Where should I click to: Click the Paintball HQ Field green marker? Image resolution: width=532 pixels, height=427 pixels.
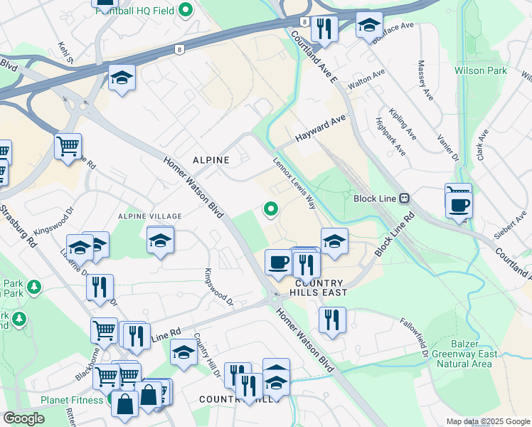coord(186,10)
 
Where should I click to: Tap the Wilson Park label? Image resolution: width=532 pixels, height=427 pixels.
coord(481,71)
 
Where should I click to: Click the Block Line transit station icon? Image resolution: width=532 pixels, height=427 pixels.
coord(403,199)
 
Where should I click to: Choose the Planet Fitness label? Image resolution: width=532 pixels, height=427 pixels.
coord(73,400)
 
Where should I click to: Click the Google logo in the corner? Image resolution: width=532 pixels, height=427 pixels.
coord(23,418)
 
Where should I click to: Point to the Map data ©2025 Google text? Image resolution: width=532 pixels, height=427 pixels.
coord(487,421)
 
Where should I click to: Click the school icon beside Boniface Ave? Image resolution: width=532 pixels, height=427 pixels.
coord(368,26)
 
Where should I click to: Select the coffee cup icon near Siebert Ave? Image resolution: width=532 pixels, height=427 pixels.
coord(459,205)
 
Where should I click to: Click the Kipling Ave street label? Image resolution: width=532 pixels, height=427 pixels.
coord(403,123)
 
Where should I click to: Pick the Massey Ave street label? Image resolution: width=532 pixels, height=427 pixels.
coord(428,78)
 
